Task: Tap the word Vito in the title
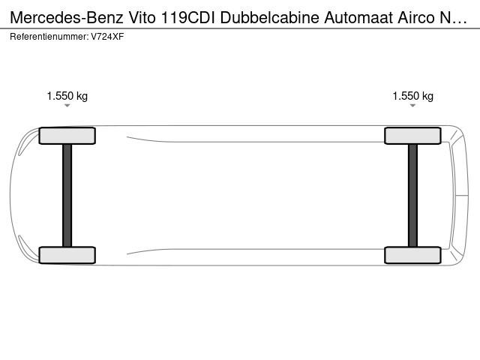(x=142, y=18)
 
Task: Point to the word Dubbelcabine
(x=270, y=18)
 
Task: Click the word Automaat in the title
(x=358, y=18)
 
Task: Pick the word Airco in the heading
(x=416, y=18)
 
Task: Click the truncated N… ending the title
(x=453, y=18)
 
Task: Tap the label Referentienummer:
(x=49, y=37)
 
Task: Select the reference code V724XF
(x=107, y=37)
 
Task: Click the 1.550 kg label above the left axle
(x=67, y=96)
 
